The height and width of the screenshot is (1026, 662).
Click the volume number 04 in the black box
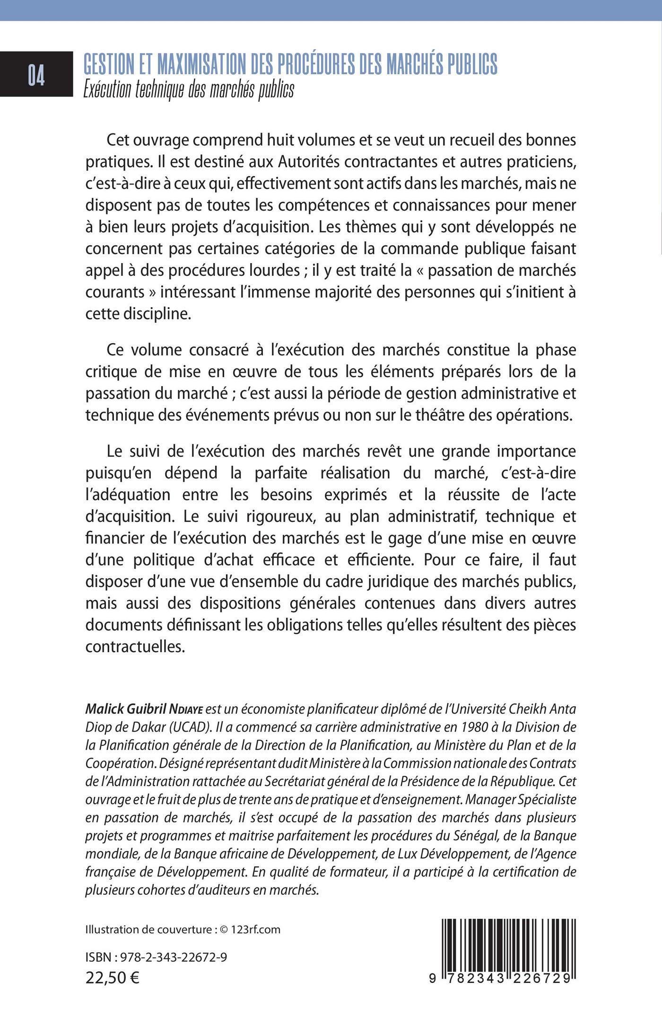tap(36, 76)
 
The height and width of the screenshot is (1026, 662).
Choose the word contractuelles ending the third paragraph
tap(134, 646)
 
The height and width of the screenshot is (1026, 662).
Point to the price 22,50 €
tap(113, 977)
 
